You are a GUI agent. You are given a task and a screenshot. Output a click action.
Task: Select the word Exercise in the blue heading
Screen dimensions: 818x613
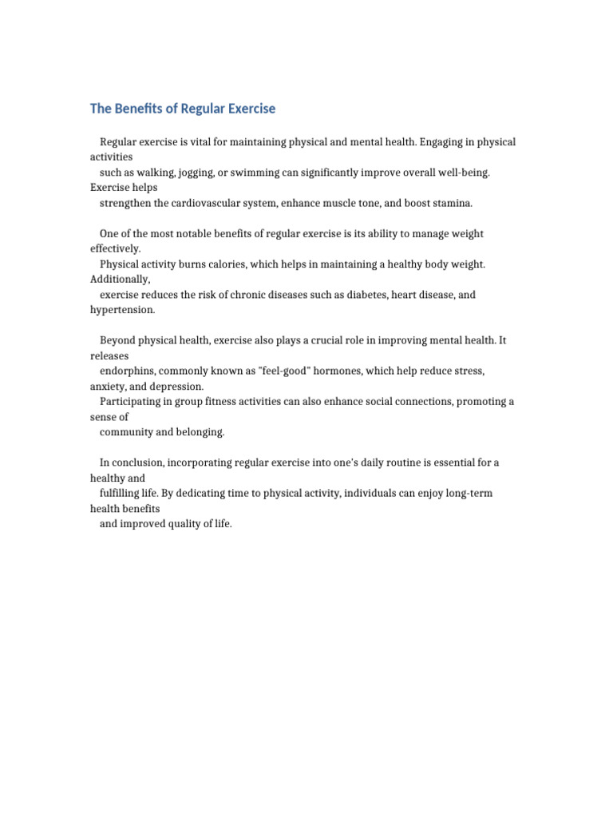(247, 109)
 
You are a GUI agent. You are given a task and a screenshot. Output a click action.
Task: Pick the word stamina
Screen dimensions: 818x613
(451, 203)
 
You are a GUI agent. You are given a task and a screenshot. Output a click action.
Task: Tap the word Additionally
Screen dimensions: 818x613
(120, 279)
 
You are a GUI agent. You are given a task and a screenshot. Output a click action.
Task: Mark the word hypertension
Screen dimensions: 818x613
(122, 310)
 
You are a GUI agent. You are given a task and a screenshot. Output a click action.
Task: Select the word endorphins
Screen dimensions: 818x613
(126, 371)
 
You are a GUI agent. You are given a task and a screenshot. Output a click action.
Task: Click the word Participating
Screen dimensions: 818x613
(131, 402)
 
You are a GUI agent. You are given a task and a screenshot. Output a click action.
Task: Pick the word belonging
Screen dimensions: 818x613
(200, 432)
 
